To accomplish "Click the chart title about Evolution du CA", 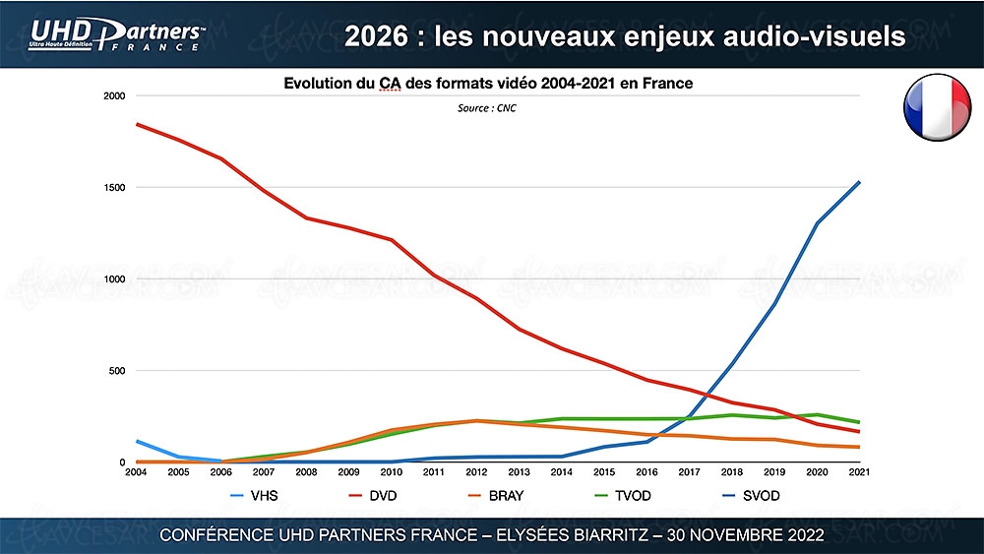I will (x=488, y=84).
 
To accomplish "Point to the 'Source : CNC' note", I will (x=486, y=108).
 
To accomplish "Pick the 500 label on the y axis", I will (x=117, y=371).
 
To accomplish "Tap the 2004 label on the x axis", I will (x=136, y=473).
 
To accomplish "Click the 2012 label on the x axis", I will (x=477, y=473).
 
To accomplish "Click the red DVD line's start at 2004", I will (x=136, y=124).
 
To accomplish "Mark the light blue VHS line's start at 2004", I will (x=136, y=441).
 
